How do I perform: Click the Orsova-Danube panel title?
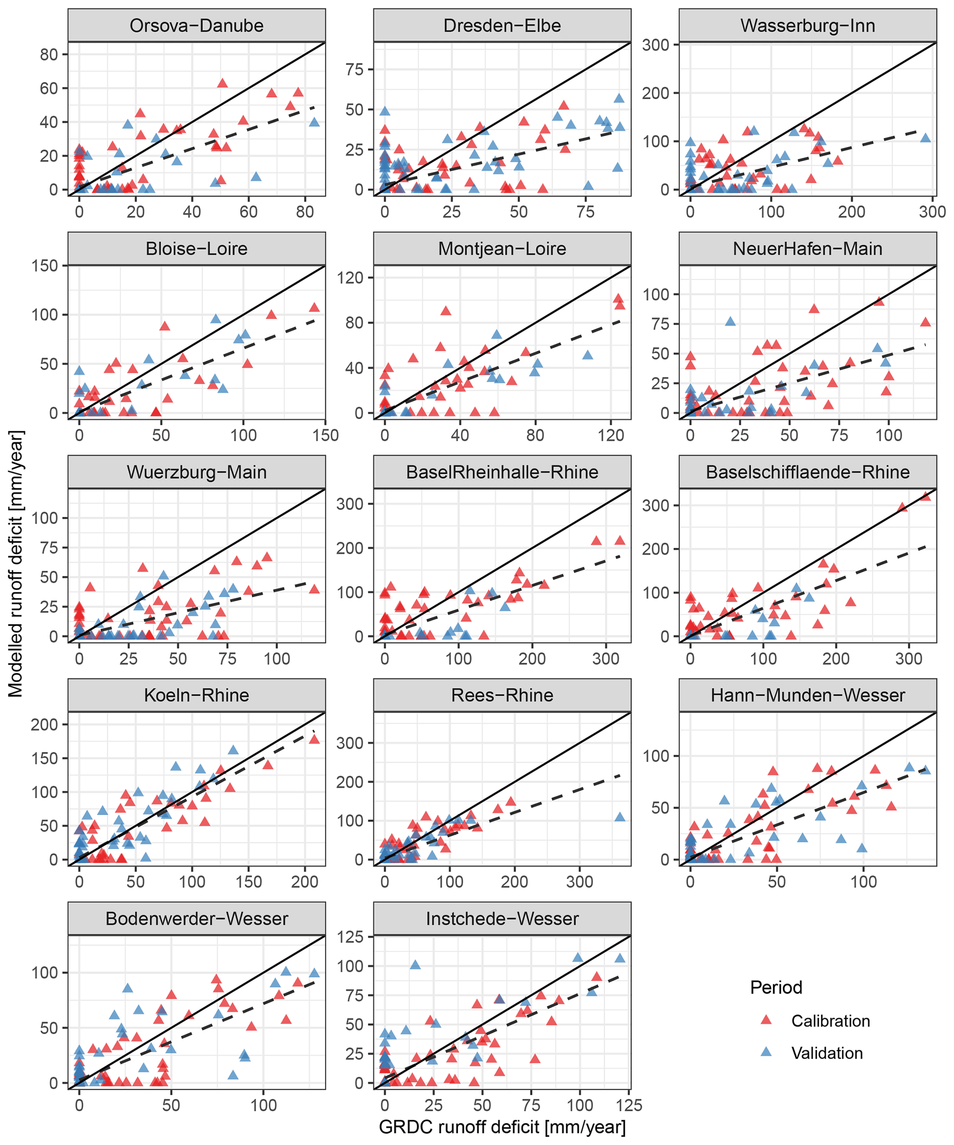(196, 26)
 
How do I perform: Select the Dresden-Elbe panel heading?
(502, 26)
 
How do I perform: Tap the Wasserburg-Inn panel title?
(807, 26)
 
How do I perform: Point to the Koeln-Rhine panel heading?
(196, 695)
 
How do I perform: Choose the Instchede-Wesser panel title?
(502, 919)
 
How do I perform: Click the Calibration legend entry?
(830, 1021)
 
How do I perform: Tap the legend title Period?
(776, 988)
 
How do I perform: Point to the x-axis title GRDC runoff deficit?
(502, 1127)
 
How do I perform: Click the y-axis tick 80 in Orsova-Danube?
(49, 54)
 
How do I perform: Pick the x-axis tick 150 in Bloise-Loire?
(325, 435)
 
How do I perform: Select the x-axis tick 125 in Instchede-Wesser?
(629, 1105)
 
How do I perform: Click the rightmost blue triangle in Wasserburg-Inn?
(925, 138)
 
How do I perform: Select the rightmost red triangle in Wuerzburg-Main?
(314, 589)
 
